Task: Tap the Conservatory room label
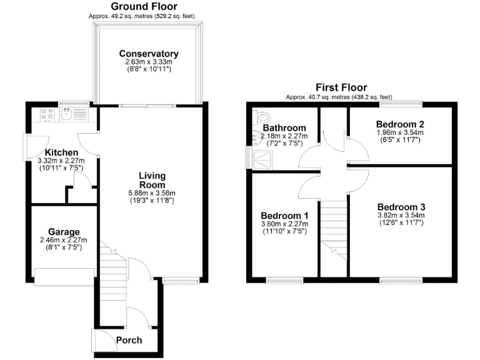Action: (149, 54)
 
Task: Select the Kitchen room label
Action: (61, 152)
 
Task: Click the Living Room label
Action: (152, 180)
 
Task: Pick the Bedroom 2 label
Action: (401, 124)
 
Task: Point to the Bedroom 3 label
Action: (401, 207)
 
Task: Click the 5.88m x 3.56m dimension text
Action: (152, 193)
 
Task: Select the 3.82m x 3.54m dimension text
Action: (401, 216)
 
